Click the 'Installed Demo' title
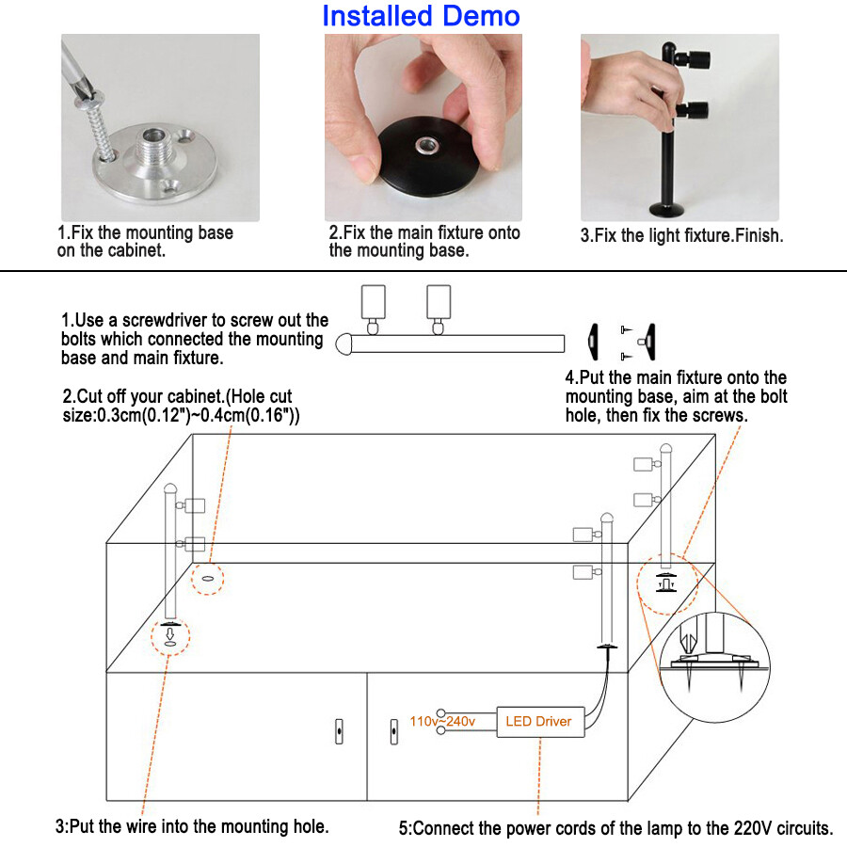click(x=420, y=16)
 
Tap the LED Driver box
click(x=539, y=722)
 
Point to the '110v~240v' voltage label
click(x=442, y=722)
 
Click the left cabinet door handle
click(x=339, y=730)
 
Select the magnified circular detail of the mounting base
click(x=717, y=655)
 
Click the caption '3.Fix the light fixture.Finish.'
click(x=681, y=236)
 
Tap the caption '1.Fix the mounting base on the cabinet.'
click(x=145, y=242)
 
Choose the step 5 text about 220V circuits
click(x=615, y=829)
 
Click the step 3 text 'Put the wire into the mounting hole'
click(x=192, y=827)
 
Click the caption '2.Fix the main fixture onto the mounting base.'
click(x=423, y=242)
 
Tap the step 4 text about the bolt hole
click(x=676, y=396)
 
